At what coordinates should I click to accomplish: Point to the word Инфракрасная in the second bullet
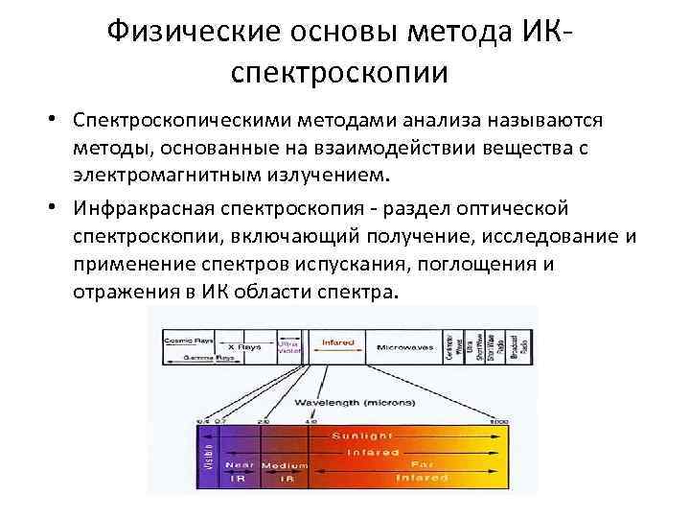click(162, 210)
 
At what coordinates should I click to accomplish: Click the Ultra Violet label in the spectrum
click(288, 346)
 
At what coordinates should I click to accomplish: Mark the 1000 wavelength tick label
click(497, 421)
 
